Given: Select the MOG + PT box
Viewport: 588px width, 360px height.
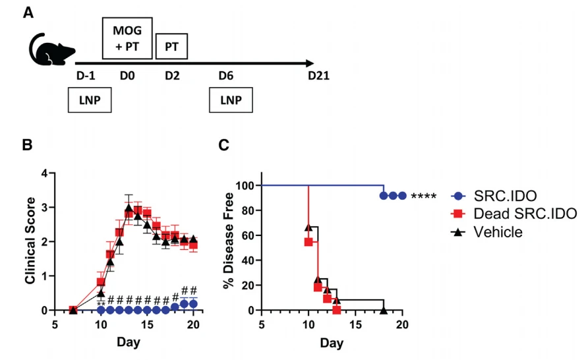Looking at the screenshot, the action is [127, 38].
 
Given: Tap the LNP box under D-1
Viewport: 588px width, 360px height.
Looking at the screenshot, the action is [90, 100].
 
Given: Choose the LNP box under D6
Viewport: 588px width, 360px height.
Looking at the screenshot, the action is [231, 100].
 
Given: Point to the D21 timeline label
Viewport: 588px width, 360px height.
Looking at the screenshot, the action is [319, 76].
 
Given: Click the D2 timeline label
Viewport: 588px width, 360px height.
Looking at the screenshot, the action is [172, 76].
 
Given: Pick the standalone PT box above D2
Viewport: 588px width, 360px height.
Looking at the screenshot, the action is [172, 47].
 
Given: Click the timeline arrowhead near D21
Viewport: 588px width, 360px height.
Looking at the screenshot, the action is [310, 63].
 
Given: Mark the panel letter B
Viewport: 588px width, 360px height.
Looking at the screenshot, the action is [28, 145].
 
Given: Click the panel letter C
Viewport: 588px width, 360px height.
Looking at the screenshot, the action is [224, 145].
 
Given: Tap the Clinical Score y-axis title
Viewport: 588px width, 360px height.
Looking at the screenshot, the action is [30, 241].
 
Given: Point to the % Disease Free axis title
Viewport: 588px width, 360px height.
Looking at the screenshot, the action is [228, 241].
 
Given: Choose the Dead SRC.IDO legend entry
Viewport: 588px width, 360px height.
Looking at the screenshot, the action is [514, 214].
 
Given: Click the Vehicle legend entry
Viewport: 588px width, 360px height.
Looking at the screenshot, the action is [486, 232].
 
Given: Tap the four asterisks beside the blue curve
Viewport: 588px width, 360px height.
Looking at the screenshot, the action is [424, 196].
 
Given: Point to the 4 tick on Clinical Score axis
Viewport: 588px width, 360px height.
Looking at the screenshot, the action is [45, 173].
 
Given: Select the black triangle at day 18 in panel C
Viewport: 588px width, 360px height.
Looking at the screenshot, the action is [384, 310].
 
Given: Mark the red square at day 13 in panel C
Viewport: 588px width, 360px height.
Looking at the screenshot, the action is [337, 310].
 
